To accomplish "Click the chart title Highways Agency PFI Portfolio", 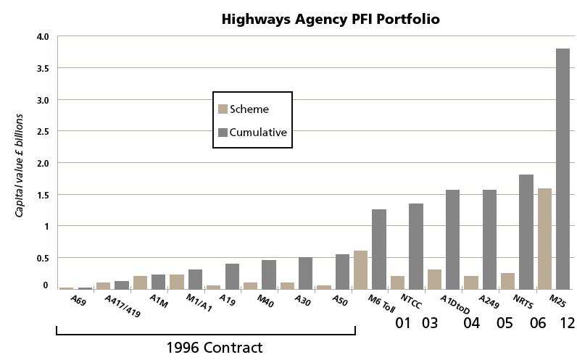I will click(330, 19).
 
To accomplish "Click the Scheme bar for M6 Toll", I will click(360, 269).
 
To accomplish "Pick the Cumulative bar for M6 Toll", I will click(379, 248).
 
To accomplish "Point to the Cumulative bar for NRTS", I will click(526, 231).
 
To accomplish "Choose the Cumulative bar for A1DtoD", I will click(452, 239).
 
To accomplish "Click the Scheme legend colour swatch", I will click(223, 109).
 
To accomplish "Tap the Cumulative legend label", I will click(259, 133).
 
